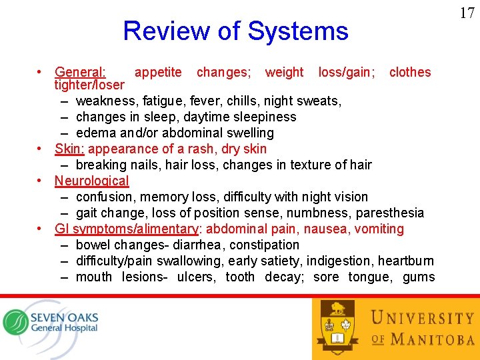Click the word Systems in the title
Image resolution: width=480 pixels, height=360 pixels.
297,31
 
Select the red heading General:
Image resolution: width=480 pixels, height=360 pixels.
80,72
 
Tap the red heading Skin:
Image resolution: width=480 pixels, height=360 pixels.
69,149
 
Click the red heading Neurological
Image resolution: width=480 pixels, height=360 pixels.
91,181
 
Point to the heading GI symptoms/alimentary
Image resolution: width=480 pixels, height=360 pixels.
127,229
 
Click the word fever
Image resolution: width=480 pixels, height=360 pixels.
207,101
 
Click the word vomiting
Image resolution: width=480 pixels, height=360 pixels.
380,229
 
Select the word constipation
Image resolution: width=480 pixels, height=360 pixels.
265,245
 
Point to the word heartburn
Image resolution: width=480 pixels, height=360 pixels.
405,261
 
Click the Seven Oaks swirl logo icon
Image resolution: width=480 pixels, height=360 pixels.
15,322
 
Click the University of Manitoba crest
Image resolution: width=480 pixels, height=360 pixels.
337,326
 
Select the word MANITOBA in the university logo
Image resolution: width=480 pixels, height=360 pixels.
432,339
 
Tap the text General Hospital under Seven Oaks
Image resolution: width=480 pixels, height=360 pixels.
64,327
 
